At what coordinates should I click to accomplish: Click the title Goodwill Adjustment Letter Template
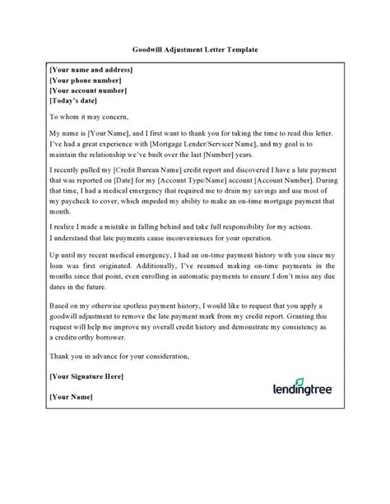tap(195, 50)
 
